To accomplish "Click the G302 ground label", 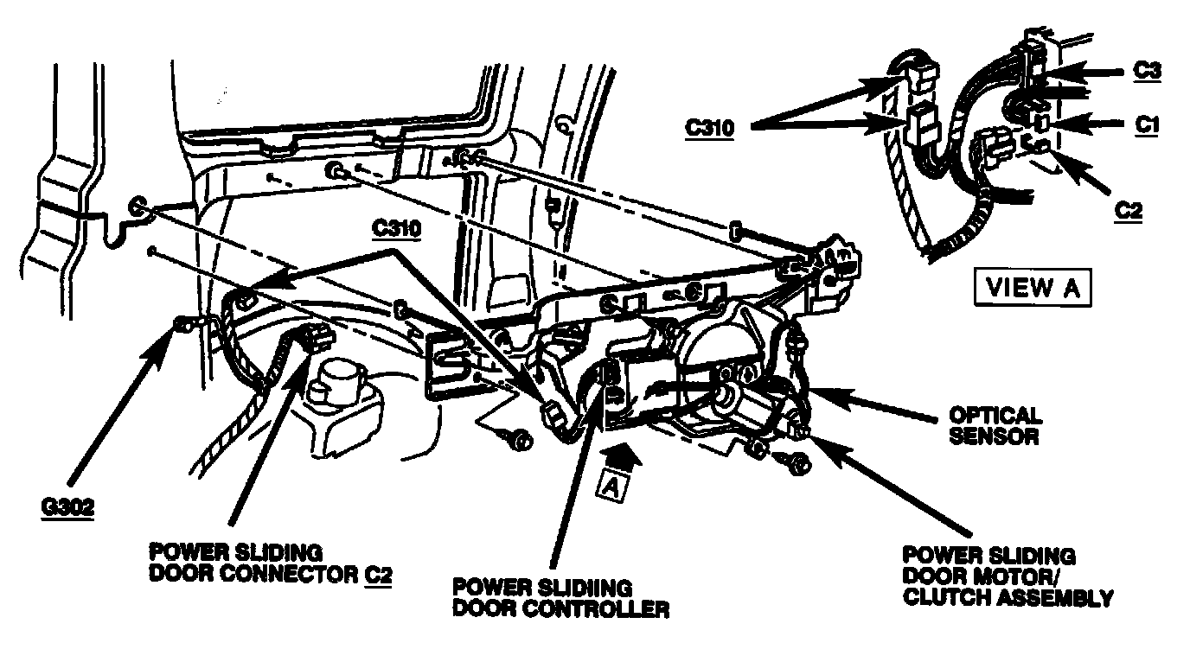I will coord(67,507).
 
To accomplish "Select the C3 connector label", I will coord(1147,71).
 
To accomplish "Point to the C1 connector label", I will coord(1147,124).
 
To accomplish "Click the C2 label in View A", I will coord(1127,211).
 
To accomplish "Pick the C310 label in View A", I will coord(711,128).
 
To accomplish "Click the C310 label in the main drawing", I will coord(397,230).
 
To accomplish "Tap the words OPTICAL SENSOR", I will coord(995,426).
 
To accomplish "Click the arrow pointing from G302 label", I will coord(121,406).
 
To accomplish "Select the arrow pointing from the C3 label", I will coord(1090,73).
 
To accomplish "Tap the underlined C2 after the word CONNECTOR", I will coord(376,574).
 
